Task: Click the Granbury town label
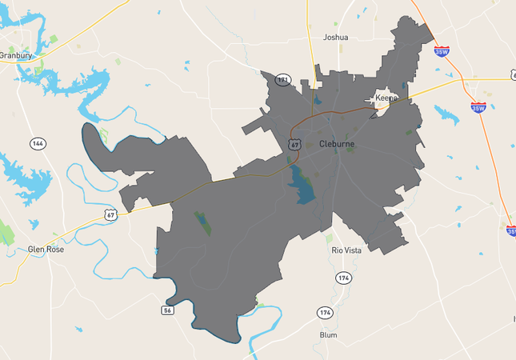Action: (x=15, y=55)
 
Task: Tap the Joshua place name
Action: (x=335, y=37)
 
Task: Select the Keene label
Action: (x=386, y=98)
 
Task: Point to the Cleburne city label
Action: (x=336, y=144)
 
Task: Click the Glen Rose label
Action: (x=46, y=249)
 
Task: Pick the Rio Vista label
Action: (x=347, y=250)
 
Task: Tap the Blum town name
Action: (x=328, y=334)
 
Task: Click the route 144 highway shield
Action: (x=38, y=144)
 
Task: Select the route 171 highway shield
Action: (x=282, y=80)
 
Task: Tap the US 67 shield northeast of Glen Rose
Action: (x=110, y=214)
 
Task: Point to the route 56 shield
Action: (x=167, y=310)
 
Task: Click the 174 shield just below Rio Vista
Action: (x=343, y=278)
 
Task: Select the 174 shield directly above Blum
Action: (x=324, y=312)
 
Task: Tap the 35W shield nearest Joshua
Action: (x=442, y=50)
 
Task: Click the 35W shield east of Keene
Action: (x=478, y=107)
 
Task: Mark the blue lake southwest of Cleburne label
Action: (x=303, y=187)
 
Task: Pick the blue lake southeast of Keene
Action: (x=446, y=114)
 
